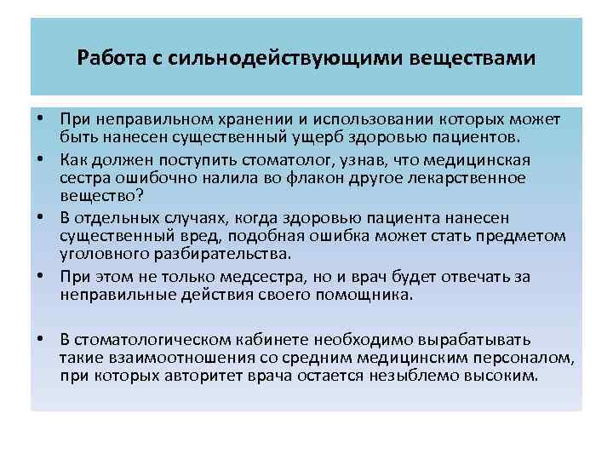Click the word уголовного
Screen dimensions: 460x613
coord(103,253)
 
